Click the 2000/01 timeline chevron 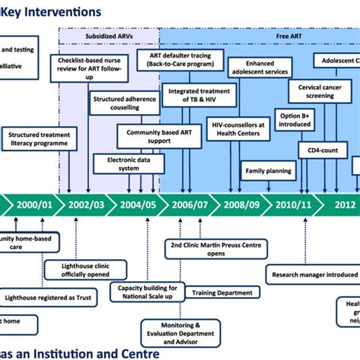[34, 204]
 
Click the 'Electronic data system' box [122, 163]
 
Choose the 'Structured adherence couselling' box [119, 104]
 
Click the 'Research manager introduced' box [312, 275]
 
